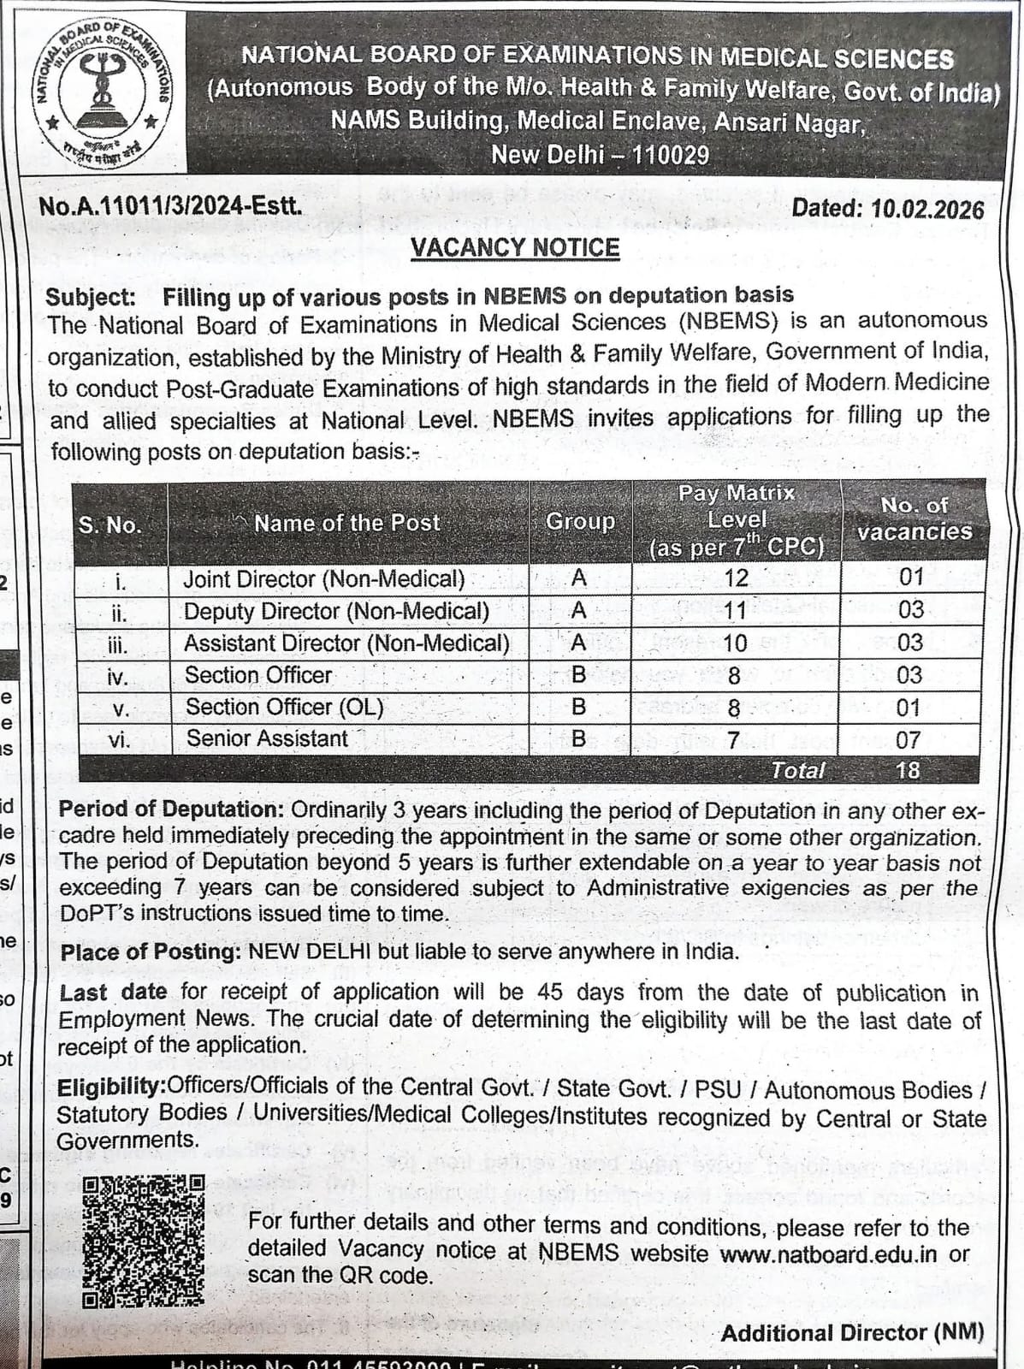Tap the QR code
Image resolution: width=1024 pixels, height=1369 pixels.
click(144, 1241)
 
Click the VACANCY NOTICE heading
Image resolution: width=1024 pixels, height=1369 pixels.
click(515, 247)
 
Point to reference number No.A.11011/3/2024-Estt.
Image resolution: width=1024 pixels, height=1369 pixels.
click(171, 206)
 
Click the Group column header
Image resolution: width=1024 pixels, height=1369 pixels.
click(580, 521)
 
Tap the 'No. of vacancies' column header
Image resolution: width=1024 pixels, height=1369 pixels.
click(914, 519)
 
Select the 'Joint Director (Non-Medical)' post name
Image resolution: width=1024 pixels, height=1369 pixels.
click(324, 579)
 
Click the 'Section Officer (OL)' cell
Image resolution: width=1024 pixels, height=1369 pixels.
click(284, 708)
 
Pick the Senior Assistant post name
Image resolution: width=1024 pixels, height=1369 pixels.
click(267, 738)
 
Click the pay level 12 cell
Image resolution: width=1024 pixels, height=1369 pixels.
click(736, 578)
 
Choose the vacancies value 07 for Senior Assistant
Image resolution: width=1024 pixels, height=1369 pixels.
click(909, 739)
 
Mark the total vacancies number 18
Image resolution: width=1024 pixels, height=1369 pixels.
click(908, 770)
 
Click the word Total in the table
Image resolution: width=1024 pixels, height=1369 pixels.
click(797, 770)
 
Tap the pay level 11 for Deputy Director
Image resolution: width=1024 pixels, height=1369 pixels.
click(735, 610)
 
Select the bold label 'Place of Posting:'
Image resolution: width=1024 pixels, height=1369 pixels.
click(151, 952)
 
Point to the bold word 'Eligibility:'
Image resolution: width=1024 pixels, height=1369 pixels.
click(112, 1087)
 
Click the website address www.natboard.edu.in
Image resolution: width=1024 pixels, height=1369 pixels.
click(828, 1254)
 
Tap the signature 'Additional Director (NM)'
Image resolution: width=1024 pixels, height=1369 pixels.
click(852, 1333)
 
